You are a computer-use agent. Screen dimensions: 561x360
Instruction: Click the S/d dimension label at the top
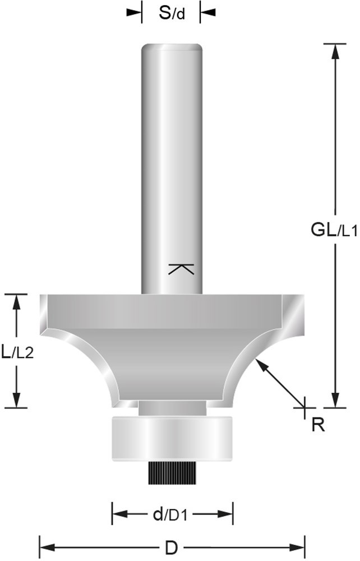pos(171,12)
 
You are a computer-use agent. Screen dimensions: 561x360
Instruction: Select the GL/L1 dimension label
pos(334,229)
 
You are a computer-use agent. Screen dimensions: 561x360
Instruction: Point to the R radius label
pos(318,425)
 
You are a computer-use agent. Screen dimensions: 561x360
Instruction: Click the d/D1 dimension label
pos(172,513)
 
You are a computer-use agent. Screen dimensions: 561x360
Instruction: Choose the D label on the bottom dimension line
pos(172,545)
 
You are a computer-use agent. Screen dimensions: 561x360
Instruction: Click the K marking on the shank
pos(181,269)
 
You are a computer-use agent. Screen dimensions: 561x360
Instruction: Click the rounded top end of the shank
pos(171,47)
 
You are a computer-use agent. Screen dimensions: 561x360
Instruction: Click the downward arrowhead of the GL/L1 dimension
pos(335,399)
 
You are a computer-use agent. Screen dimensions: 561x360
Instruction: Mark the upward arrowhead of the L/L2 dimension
pos(17,302)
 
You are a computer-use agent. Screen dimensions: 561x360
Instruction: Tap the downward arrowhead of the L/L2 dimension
pos(17,399)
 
